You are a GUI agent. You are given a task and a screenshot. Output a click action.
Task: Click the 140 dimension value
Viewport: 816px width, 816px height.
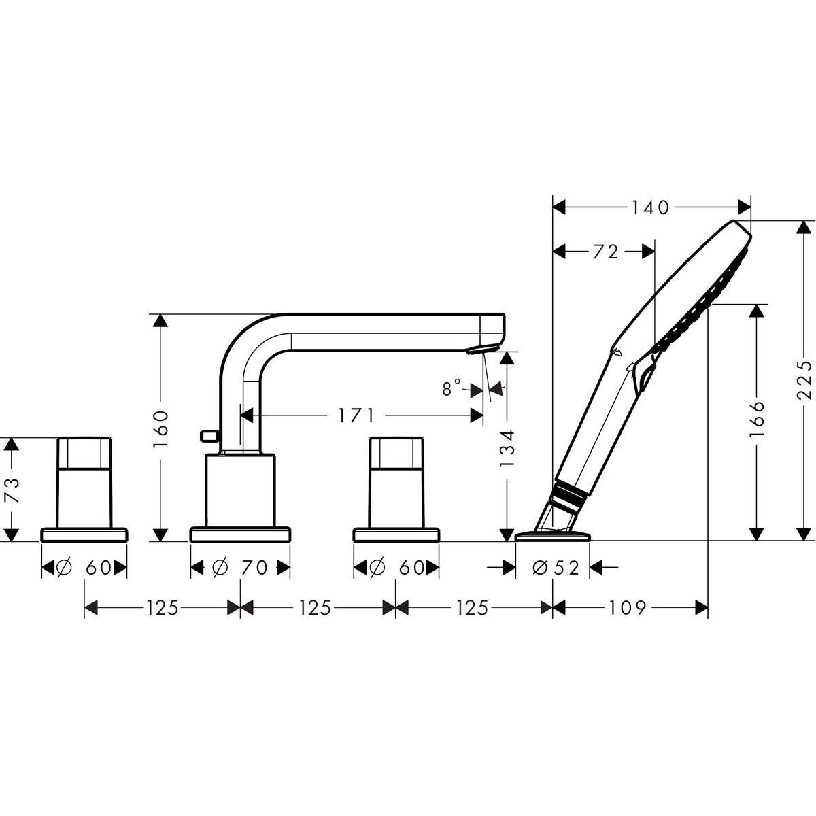pyautogui.click(x=651, y=208)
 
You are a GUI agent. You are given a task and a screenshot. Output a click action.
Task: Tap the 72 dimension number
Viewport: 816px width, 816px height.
pyautogui.click(x=606, y=252)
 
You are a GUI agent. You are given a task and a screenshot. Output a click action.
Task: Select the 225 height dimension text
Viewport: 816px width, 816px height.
pyautogui.click(x=803, y=380)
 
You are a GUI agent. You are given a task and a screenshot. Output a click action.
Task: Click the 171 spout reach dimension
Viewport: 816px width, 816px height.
pyautogui.click(x=356, y=416)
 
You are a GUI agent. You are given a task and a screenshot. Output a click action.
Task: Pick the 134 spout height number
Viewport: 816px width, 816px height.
pyautogui.click(x=507, y=449)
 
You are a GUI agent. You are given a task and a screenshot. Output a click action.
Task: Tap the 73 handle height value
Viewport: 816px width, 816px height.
pyautogui.click(x=13, y=490)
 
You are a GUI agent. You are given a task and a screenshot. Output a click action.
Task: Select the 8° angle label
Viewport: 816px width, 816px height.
pyautogui.click(x=452, y=387)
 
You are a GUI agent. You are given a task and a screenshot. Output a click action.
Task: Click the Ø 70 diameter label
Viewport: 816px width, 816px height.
pyautogui.click(x=239, y=567)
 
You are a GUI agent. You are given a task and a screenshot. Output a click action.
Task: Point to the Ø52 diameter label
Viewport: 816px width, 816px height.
pyautogui.click(x=556, y=567)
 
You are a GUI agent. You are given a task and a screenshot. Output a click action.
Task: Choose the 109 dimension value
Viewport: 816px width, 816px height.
pyautogui.click(x=628, y=608)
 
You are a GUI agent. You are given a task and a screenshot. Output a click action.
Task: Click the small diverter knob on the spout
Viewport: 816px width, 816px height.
pyautogui.click(x=209, y=435)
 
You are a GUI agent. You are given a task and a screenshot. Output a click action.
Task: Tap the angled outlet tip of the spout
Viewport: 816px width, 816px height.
pyautogui.click(x=482, y=348)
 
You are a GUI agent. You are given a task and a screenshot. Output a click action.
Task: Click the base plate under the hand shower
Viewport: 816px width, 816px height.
pyautogui.click(x=553, y=535)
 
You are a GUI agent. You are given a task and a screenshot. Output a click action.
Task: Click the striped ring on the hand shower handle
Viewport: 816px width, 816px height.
pyautogui.click(x=570, y=491)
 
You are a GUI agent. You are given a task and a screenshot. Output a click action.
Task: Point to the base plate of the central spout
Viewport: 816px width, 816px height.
pyautogui.click(x=240, y=534)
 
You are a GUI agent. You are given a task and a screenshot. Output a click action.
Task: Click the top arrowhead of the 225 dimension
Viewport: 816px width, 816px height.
pyautogui.click(x=802, y=227)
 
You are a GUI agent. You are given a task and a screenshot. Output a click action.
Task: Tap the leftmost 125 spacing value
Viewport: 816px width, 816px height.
pyautogui.click(x=163, y=608)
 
